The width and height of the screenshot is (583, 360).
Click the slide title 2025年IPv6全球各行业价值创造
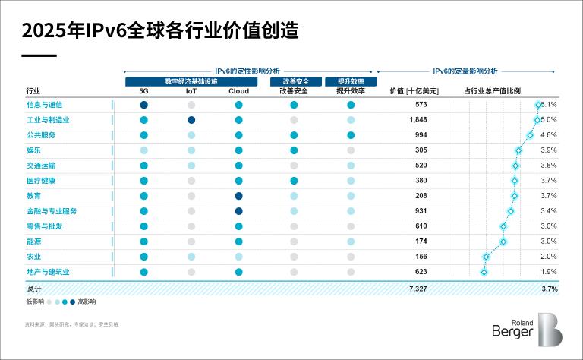tap(159, 30)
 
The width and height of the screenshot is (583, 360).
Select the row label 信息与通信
tap(44, 105)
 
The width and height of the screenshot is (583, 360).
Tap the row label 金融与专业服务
tap(51, 211)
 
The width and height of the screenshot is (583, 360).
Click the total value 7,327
tap(418, 289)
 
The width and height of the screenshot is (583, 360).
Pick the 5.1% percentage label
tap(550, 105)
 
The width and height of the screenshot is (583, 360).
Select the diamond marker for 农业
tap(486, 257)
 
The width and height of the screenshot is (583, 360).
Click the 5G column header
tap(143, 91)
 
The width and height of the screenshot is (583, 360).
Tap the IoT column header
tap(191, 91)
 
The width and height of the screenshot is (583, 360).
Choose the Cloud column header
tap(238, 91)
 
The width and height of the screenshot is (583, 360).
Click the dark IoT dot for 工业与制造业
tap(191, 120)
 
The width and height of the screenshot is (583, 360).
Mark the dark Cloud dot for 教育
tap(238, 196)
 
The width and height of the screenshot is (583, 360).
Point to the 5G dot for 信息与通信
tap(143, 105)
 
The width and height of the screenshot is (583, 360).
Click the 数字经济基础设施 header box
tap(191, 81)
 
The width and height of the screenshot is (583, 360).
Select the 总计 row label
tap(33, 289)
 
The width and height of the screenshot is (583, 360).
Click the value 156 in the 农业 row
tap(421, 257)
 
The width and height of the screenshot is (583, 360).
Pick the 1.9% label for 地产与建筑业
tap(549, 272)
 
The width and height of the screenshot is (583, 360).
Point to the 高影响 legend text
tap(87, 302)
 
